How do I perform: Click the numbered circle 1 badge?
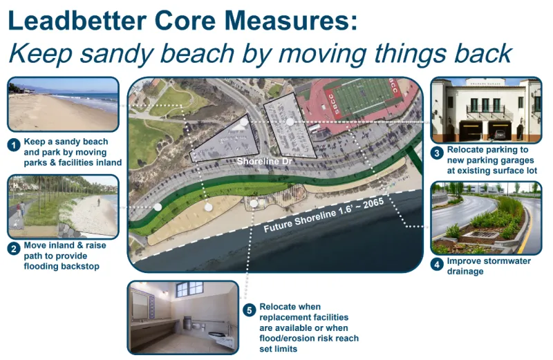[13, 145]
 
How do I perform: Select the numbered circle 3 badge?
[436, 153]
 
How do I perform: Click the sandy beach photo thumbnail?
[63, 104]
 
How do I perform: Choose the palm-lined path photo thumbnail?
[63, 207]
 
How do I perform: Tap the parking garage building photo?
[485, 110]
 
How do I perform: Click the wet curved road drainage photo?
[485, 218]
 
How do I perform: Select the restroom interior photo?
[182, 317]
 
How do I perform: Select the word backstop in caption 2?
[81, 266]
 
